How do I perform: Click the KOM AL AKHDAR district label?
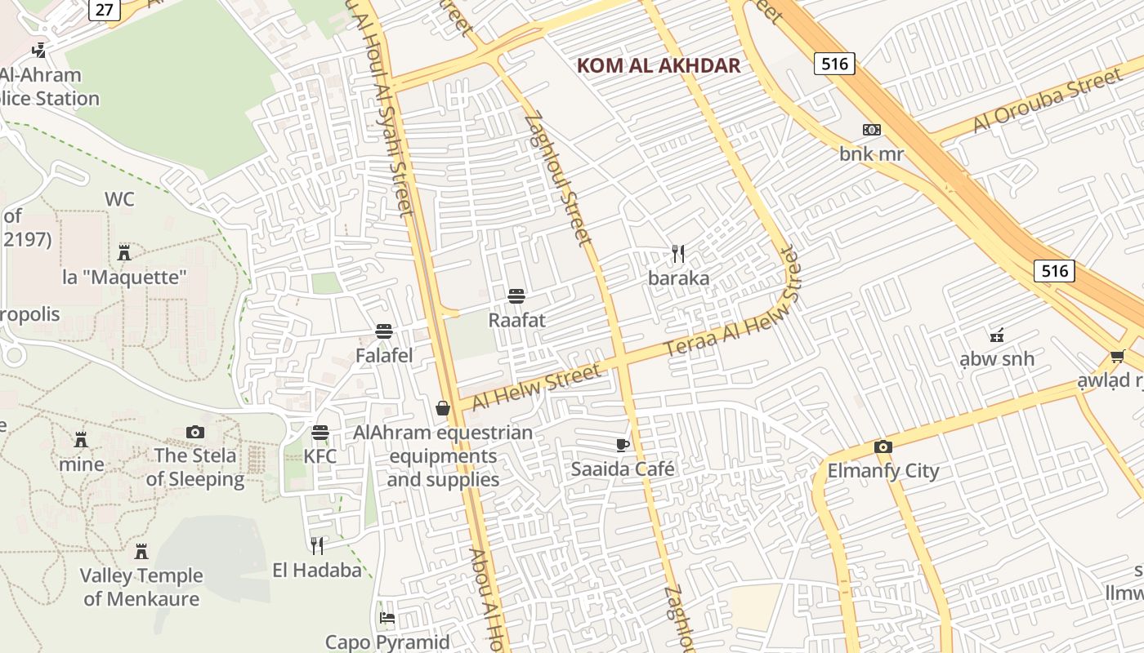(659, 65)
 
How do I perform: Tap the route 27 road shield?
(105, 9)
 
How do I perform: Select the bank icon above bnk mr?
(872, 130)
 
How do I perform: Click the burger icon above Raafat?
(516, 295)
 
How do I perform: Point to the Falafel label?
(384, 356)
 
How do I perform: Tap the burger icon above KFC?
(320, 432)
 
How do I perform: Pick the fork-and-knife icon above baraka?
(678, 253)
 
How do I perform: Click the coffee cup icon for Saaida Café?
(623, 445)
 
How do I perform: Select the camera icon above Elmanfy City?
(883, 446)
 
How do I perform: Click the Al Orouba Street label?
(1047, 101)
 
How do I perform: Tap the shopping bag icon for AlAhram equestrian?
(443, 408)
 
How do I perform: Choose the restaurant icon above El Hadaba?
(317, 545)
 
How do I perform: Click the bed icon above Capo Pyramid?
(387, 617)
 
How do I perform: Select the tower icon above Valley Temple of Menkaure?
(141, 551)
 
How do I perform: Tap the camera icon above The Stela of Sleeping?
(195, 432)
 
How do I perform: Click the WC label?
(119, 199)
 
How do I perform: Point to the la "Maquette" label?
(124, 278)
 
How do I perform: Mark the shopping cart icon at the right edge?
(1117, 356)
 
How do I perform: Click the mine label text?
(82, 464)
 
